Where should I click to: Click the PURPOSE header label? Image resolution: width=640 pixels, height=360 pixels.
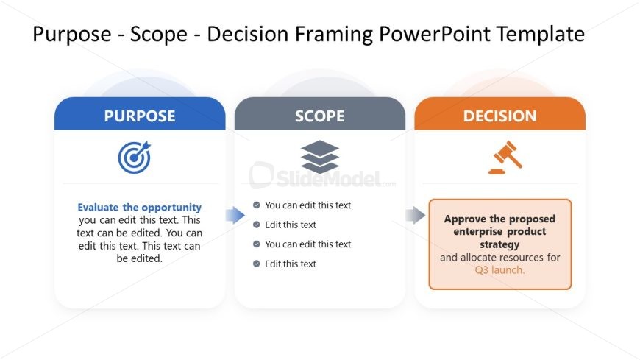pyautogui.click(x=140, y=116)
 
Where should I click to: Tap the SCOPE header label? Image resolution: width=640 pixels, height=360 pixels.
pyautogui.click(x=319, y=116)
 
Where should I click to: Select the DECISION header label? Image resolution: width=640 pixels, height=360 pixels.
pyautogui.click(x=499, y=116)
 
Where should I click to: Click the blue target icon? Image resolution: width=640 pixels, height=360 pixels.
pyautogui.click(x=135, y=158)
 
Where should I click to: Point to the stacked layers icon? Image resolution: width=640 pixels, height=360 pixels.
pyautogui.click(x=319, y=157)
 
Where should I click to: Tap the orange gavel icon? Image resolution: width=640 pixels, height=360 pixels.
pyautogui.click(x=505, y=158)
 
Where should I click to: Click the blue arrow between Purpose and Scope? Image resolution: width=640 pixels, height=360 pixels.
pyautogui.click(x=235, y=215)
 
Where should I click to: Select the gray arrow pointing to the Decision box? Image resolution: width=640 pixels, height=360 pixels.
pyautogui.click(x=415, y=215)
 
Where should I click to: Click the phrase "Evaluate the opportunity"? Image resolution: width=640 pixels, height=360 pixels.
pyautogui.click(x=140, y=208)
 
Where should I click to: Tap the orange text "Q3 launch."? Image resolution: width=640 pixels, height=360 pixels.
pyautogui.click(x=499, y=270)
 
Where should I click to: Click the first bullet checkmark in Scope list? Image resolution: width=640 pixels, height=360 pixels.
pyautogui.click(x=256, y=205)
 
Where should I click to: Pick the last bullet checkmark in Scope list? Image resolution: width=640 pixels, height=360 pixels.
pyautogui.click(x=256, y=264)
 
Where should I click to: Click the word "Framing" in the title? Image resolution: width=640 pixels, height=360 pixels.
pyautogui.click(x=333, y=35)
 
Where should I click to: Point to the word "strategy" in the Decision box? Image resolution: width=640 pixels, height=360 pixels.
pyautogui.click(x=499, y=244)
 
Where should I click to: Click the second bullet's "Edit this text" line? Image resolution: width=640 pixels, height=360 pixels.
pyautogui.click(x=290, y=225)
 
